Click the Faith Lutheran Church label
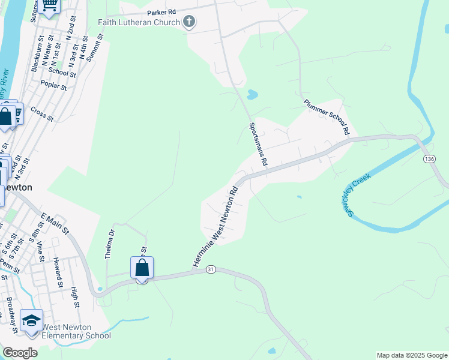coord(139,23)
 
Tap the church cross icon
coord(189,23)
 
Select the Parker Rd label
coord(161,12)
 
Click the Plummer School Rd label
coord(327,116)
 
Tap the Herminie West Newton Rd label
coord(215,226)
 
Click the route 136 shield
coord(429,158)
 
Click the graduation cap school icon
coord(31,320)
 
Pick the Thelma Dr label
coord(109,243)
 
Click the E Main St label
coord(55,223)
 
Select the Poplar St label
coord(54,86)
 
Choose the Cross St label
coord(41,113)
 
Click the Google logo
coord(20,353)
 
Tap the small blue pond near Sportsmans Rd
coord(252,94)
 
